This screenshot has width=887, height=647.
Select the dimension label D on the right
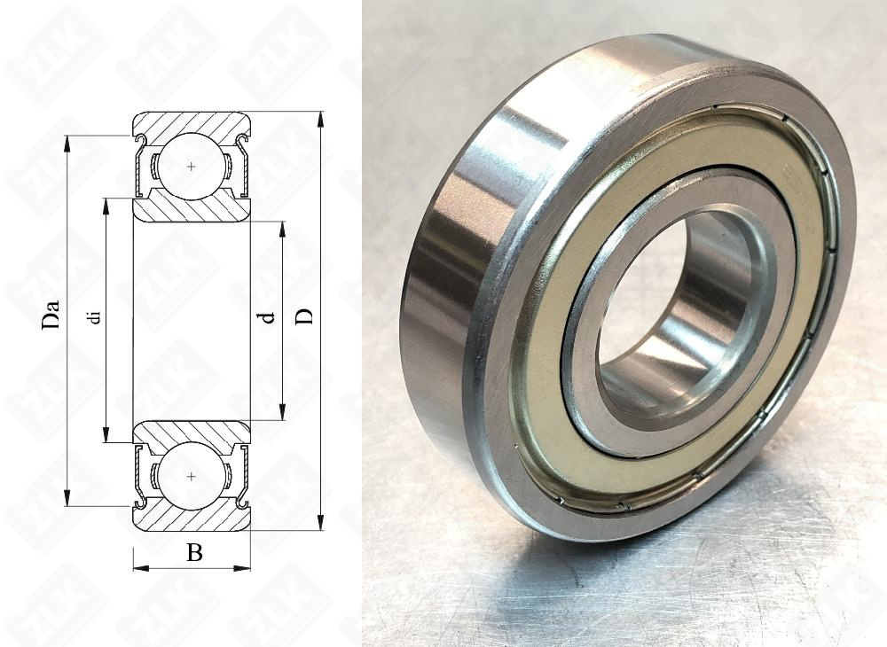point(304,316)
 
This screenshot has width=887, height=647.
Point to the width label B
point(194,554)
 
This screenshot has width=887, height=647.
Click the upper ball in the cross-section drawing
point(192,166)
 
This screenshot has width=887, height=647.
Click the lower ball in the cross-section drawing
point(192,477)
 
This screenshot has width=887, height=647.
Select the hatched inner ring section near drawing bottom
point(192,432)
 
